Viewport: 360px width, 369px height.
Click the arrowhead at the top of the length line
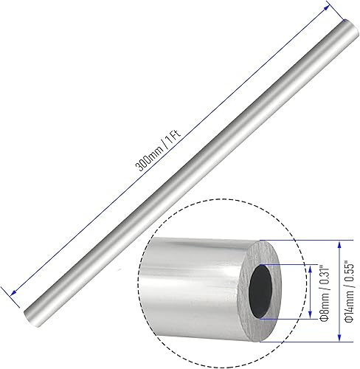[x=324, y=6]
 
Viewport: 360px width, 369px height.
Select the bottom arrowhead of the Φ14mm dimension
[x=338, y=341]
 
